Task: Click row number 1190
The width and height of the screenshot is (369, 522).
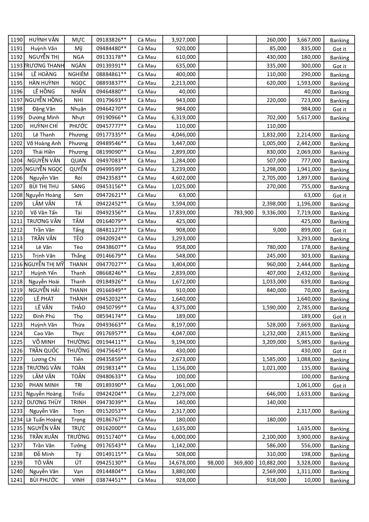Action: (16, 40)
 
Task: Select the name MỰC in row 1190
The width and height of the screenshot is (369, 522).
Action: (78, 40)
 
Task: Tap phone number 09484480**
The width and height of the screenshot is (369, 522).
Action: (111, 48)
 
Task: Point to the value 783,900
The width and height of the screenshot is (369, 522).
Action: (244, 213)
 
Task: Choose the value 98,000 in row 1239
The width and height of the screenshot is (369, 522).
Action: (216, 463)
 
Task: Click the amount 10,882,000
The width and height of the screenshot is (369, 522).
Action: (273, 463)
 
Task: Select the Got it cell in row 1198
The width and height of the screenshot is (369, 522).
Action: (339, 109)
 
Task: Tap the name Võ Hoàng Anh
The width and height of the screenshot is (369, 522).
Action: (44, 143)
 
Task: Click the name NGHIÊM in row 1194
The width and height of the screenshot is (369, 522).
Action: (78, 74)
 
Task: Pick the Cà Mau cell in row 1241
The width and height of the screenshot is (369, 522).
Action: (147, 480)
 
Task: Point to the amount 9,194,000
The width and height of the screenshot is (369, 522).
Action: (183, 342)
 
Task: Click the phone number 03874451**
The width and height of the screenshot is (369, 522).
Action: (111, 480)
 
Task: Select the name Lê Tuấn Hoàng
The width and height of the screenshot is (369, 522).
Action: (44, 420)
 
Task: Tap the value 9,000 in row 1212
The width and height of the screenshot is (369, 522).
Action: (279, 230)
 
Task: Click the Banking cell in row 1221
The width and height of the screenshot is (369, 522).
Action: (339, 308)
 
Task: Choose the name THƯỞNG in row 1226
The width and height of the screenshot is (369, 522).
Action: (78, 351)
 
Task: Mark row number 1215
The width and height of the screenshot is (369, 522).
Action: (16, 256)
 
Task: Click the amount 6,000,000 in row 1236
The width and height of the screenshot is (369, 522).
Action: (183, 437)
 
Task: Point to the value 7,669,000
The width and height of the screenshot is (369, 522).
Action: (309, 325)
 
